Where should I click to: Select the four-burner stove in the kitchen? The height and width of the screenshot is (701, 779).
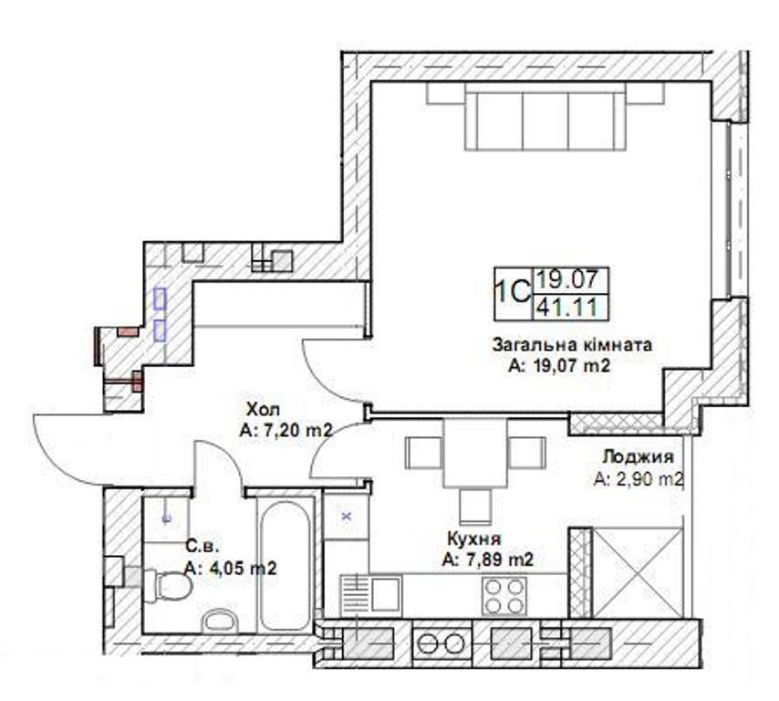coord(504,596)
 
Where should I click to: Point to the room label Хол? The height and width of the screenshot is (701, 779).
coord(264,410)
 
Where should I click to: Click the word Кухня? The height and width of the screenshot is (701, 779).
coord(474,539)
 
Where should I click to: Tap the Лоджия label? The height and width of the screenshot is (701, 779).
coord(638,457)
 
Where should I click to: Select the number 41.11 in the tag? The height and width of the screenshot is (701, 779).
coord(566,308)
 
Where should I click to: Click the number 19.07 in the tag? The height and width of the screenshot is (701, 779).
coord(566,279)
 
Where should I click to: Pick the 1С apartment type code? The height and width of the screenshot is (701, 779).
coord(513,293)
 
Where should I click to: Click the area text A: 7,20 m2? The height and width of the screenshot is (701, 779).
coord(286,431)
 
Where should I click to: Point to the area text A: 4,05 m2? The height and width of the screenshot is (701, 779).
coord(230,569)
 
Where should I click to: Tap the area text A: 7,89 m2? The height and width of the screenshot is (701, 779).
coord(488,560)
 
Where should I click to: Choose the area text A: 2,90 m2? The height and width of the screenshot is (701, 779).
coord(639,479)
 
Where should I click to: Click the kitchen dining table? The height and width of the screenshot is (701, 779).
coord(475,453)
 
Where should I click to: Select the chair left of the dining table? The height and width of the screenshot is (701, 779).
coord(424,453)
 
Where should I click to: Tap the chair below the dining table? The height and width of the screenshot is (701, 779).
coord(475,506)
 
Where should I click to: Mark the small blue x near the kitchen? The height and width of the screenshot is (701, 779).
coord(347,517)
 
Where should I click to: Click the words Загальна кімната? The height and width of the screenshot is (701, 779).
coord(572,344)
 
